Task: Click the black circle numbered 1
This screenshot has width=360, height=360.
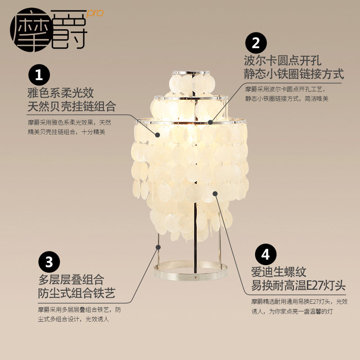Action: [x=39, y=75]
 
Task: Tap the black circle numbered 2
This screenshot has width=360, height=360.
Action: [x=256, y=43]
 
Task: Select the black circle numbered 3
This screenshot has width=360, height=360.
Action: [x=49, y=262]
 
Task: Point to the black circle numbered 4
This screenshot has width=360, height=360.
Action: [x=265, y=255]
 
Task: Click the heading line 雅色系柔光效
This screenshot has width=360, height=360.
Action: [x=60, y=93]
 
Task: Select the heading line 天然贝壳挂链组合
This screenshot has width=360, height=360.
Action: [x=72, y=107]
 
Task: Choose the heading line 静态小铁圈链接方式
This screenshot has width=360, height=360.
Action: [x=294, y=74]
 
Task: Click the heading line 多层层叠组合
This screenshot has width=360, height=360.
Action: [x=71, y=280]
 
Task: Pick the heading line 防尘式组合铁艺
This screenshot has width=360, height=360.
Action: [x=76, y=293]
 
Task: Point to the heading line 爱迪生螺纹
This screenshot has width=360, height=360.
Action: [x=279, y=272]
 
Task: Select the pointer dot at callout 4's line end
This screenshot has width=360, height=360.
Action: [x=216, y=193]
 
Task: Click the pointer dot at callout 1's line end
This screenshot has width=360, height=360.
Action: [x=157, y=134]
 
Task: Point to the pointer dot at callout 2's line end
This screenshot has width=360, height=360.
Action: [x=210, y=121]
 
